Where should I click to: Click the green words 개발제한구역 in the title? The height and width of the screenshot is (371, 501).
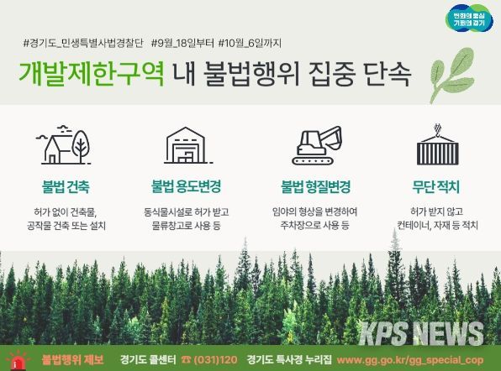pyautogui.click(x=92, y=73)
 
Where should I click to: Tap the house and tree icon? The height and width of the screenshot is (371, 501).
pyautogui.click(x=64, y=145)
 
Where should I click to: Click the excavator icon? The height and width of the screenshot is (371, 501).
pyautogui.click(x=317, y=145)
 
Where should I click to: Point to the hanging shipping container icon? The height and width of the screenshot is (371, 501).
pyautogui.click(x=437, y=144)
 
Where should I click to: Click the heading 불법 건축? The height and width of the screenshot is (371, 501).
pyautogui.click(x=66, y=186)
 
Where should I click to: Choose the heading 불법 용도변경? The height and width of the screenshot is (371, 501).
pyautogui.click(x=187, y=186)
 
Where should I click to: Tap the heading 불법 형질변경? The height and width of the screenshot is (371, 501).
pyautogui.click(x=316, y=186)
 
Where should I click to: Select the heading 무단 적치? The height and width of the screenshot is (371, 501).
pyautogui.click(x=435, y=186)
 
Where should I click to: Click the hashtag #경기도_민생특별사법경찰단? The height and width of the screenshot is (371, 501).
pyautogui.click(x=83, y=43)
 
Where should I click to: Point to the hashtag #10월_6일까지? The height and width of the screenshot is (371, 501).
pyautogui.click(x=250, y=43)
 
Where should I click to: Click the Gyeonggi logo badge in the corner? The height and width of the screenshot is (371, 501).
pyautogui.click(x=469, y=18)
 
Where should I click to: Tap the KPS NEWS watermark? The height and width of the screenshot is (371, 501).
pyautogui.click(x=421, y=333)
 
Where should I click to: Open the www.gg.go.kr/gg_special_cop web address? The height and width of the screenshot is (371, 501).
pyautogui.click(x=410, y=360)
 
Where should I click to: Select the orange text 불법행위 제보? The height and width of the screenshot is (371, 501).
pyautogui.click(x=73, y=360)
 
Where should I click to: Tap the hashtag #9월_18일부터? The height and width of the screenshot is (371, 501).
pyautogui.click(x=182, y=43)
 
